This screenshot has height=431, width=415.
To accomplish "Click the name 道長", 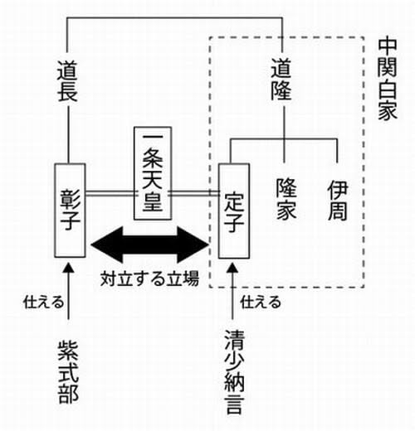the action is (x=67, y=81).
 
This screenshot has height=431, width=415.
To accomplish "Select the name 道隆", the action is (x=281, y=79).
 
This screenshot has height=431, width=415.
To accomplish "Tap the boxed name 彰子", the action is (x=70, y=211).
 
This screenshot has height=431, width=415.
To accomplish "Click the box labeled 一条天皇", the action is (x=153, y=173).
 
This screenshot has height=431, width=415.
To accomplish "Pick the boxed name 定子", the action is (x=234, y=211).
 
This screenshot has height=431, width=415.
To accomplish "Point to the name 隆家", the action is (x=286, y=199).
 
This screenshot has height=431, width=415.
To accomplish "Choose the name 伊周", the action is (x=338, y=201).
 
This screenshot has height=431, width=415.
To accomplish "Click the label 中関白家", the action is (x=388, y=80).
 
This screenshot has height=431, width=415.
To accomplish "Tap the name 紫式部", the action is (x=68, y=372).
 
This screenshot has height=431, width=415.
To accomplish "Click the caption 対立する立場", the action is (x=149, y=278).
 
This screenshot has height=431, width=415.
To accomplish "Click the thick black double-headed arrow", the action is (x=149, y=245).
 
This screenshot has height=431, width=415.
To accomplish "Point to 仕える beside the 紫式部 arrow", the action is (x=43, y=302).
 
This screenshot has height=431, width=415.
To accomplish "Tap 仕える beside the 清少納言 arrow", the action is (x=261, y=302).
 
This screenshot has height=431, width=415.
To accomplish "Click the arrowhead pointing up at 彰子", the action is (x=69, y=268).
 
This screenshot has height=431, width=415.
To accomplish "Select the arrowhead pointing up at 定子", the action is (x=232, y=268).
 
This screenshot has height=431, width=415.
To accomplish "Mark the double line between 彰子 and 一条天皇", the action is (x=110, y=193).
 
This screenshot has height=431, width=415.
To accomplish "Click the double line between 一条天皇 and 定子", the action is (x=195, y=193).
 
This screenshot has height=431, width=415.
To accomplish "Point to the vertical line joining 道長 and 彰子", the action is (x=68, y=135).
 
